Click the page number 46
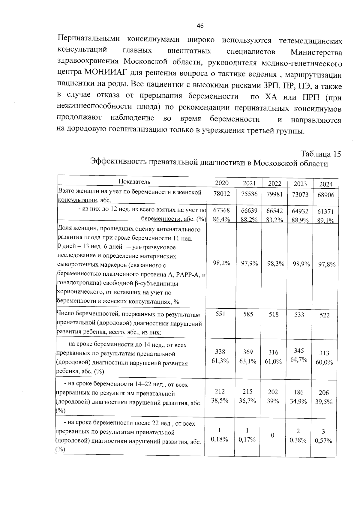click(x=200, y=26)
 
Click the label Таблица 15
click(x=321, y=154)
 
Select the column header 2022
click(x=274, y=183)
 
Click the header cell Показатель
click(x=134, y=181)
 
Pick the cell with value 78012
click(x=221, y=194)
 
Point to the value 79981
click(x=274, y=194)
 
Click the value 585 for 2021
click(x=248, y=314)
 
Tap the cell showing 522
click(x=324, y=315)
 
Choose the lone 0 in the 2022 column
click(x=273, y=435)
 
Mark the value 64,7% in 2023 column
click(x=299, y=360)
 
